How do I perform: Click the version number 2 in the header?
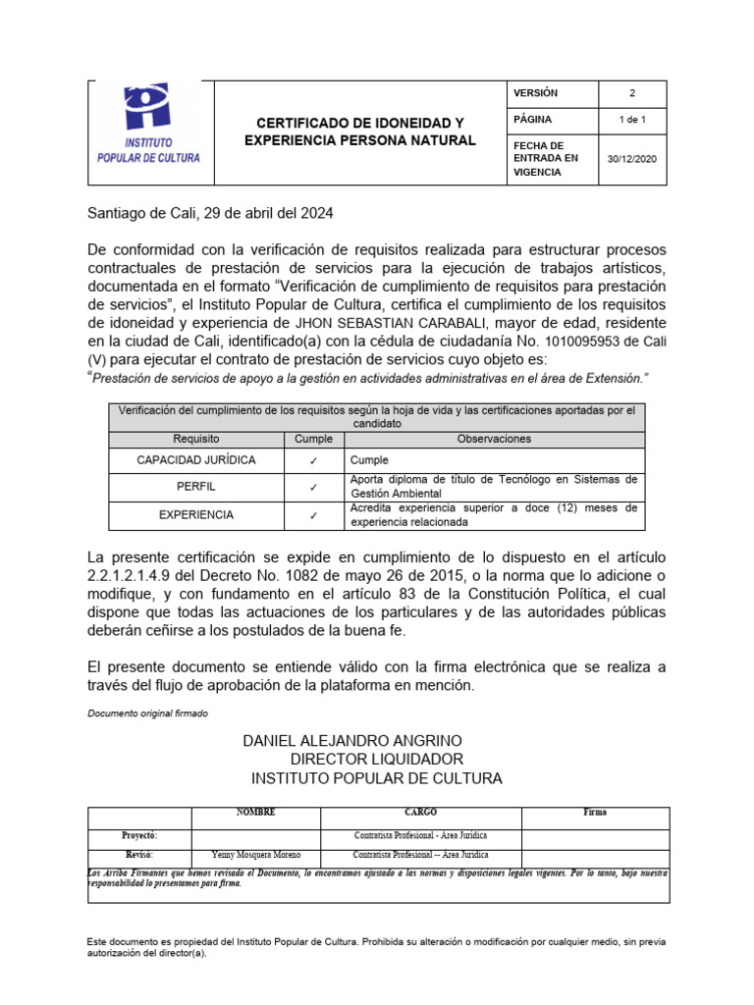coord(632,93)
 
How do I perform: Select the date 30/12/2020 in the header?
coord(632,158)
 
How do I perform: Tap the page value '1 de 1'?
coord(632,120)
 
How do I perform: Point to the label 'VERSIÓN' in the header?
coord(535,93)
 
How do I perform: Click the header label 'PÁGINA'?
coord(533,120)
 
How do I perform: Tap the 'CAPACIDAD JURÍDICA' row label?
coord(196,460)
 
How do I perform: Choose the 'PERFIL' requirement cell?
coord(196,487)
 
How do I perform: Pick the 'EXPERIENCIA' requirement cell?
coord(196,514)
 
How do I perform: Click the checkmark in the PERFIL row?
coord(313,487)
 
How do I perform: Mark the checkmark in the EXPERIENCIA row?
coord(313,514)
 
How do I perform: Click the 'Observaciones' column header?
coord(494,439)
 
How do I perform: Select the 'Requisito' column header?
coord(196,439)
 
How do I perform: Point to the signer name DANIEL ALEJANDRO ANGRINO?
coord(352,740)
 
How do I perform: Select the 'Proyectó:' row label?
coord(138,835)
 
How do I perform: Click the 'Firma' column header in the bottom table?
coord(595,814)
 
